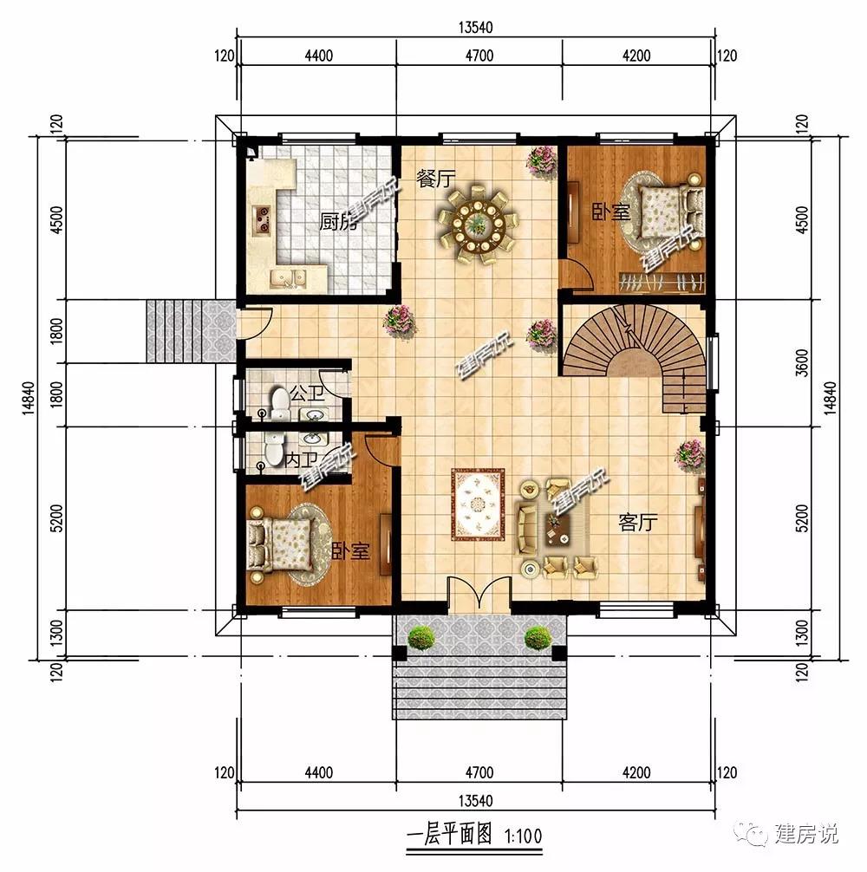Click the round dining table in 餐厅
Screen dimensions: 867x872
(477, 225)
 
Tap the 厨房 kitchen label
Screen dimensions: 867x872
(337, 222)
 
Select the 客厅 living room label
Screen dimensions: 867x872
(638, 522)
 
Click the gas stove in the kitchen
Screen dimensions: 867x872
(262, 218)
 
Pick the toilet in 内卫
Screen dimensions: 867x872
(274, 449)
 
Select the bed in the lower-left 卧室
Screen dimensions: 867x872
(282, 546)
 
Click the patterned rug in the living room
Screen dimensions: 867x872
(479, 504)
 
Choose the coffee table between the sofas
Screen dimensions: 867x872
(559, 526)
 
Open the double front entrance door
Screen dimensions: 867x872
(479, 595)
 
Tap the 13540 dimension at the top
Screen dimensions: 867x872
(475, 27)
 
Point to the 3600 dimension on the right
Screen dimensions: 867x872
(801, 362)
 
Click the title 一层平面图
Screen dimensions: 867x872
(449, 834)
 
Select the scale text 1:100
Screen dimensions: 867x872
(523, 835)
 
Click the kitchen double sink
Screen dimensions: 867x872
(288, 277)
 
